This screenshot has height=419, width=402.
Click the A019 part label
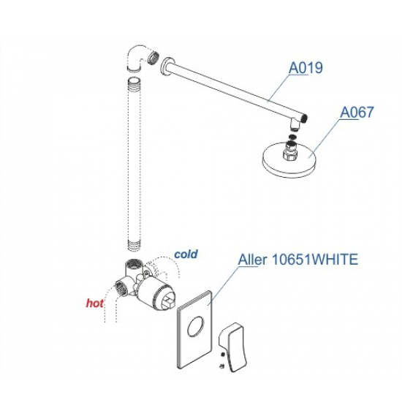(306, 67)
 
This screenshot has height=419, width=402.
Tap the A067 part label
(357, 112)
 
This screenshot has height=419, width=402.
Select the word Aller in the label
(252, 259)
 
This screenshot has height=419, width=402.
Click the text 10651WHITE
(314, 259)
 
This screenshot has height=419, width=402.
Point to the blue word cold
(186, 254)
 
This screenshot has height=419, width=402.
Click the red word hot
(95, 303)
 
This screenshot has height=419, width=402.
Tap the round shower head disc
(290, 162)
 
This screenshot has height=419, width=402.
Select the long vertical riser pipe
(134, 165)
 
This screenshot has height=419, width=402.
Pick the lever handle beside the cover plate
(233, 347)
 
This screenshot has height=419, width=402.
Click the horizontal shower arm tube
(238, 90)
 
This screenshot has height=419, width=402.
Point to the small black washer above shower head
(292, 137)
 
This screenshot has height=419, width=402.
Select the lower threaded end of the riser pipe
(134, 246)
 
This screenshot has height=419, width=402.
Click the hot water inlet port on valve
(122, 288)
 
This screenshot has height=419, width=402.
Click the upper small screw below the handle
(222, 355)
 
